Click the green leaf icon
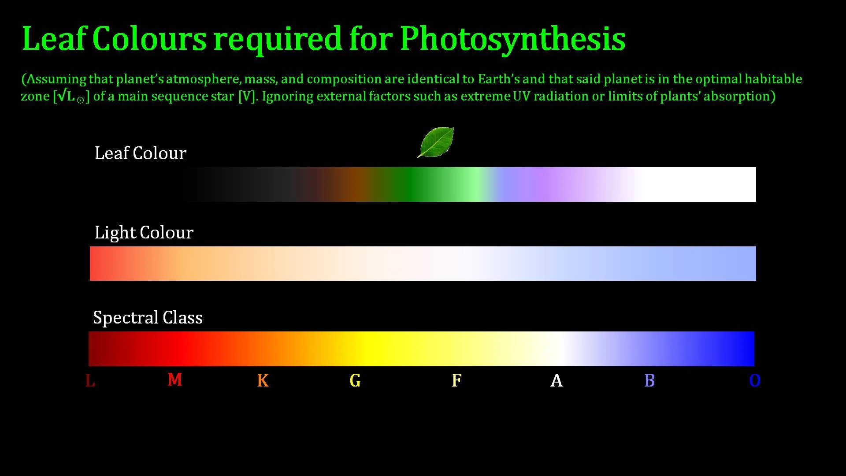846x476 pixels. pos(436,142)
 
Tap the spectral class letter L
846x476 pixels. pos(90,380)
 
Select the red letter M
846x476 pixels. pos(175,379)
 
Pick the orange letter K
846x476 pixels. pos(263,380)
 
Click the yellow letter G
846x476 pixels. pos(355,380)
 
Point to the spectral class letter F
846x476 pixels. pos(456,380)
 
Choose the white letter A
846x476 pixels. pos(557,380)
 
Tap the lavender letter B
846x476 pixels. pos(649,380)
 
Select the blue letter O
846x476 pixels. pos(755,380)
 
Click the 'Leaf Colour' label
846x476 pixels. pos(141,153)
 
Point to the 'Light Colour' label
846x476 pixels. pos(144,233)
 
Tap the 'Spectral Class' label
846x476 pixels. pos(148,317)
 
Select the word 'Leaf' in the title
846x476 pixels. pos(53,38)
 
